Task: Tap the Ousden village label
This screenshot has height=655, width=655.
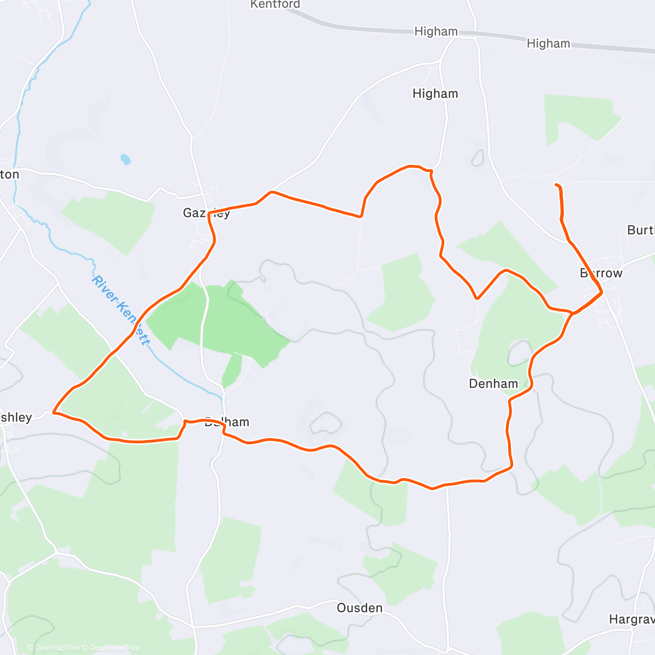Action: coord(359,608)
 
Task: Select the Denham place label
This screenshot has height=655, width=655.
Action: coord(493,384)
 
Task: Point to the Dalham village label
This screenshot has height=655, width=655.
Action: coord(227,422)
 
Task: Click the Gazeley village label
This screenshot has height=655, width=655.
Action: coord(206,213)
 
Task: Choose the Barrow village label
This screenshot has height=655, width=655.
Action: coord(601,273)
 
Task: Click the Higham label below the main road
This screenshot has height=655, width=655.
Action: coord(435,94)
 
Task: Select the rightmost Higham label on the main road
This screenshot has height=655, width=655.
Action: coord(548,44)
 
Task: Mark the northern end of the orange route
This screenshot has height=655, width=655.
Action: coord(556,186)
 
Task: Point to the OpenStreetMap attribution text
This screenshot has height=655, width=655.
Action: coord(115,648)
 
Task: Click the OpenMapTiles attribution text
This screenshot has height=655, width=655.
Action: coord(57,648)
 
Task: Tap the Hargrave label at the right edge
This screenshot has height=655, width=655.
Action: coord(632,619)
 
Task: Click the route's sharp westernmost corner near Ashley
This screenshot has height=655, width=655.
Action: coord(53,412)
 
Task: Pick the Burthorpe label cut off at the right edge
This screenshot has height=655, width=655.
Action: coord(641,230)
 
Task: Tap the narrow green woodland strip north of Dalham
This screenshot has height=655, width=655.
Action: coord(231,371)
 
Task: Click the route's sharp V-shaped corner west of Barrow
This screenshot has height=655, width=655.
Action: coord(477,299)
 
